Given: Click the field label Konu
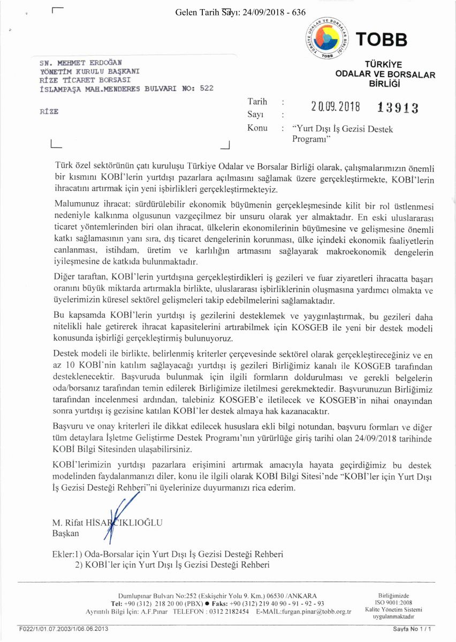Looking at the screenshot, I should [257, 128].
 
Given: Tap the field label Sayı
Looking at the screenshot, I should [255, 114].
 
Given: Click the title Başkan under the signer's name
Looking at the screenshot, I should [66, 533].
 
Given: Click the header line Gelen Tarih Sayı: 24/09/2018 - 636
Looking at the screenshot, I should [240, 12].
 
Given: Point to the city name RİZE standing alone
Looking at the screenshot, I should [49, 112].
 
